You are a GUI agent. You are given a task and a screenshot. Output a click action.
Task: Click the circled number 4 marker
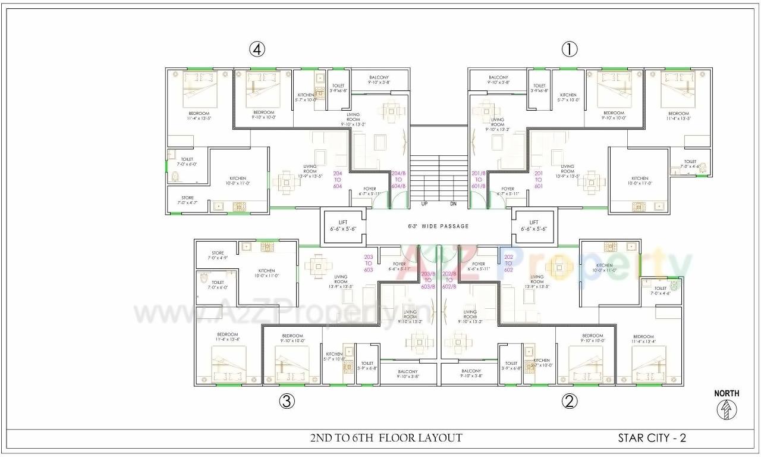coord(257,50)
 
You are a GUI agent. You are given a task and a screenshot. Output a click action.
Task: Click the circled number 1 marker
coord(569,50)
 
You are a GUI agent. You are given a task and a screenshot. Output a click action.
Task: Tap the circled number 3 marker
coord(287,402)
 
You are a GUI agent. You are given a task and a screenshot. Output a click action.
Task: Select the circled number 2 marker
coord(569,402)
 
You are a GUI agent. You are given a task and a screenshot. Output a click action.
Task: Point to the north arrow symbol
coord(727,410)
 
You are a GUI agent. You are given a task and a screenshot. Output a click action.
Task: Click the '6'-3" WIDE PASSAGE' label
coord(438,226)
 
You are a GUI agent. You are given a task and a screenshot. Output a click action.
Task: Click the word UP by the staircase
coord(424,204)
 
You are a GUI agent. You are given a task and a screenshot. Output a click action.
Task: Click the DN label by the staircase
coord(453,204)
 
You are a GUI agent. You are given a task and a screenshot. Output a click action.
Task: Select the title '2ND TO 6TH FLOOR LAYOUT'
coord(386,438)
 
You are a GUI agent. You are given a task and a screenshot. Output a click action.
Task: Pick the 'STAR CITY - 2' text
coord(652,439)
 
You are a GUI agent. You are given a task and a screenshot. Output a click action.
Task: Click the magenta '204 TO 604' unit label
coord(338,179)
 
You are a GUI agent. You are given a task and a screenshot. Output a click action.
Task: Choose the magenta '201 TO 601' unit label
coord(539,179)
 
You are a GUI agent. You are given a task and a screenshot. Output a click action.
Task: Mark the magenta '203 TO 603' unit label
coord(368,263)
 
